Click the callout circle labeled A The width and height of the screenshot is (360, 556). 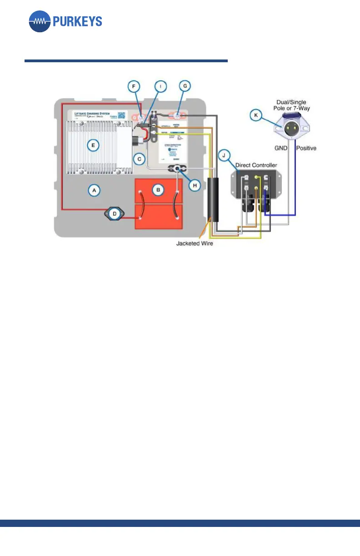coord(94,191)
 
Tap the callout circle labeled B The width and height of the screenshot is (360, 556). coord(158,190)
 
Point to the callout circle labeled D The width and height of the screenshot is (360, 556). coord(115,213)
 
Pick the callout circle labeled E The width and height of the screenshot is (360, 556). coord(93,145)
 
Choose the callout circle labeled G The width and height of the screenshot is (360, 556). coord(184,85)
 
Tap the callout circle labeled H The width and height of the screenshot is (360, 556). coord(195,185)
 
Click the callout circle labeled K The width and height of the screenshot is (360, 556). coord(256,116)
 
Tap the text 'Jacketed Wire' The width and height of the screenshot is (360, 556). coord(195,243)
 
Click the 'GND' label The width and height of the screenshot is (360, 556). coord(280,148)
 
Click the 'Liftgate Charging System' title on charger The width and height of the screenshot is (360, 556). coord(93,113)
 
